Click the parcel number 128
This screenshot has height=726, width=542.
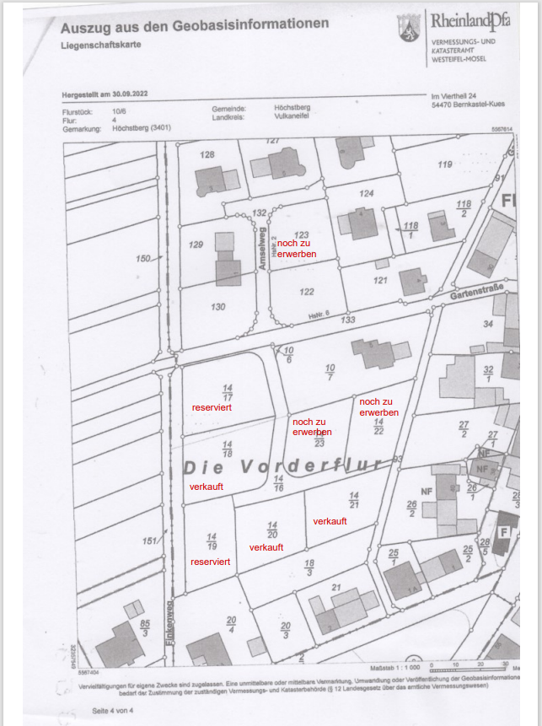tap(207, 154)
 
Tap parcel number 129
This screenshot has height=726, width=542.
tap(196, 245)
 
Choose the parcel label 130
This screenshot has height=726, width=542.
tap(218, 307)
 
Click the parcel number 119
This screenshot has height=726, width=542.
tap(445, 164)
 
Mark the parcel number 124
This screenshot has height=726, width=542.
tap(366, 194)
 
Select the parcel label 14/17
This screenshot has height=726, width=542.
tap(228, 392)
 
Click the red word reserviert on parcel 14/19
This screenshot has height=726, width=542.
tap(210, 561)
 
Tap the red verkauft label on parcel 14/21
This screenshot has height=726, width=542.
tap(330, 521)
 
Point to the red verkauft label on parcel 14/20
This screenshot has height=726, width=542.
tap(266, 547)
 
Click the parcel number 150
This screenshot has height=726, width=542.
tap(142, 258)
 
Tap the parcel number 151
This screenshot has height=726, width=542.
tap(150, 541)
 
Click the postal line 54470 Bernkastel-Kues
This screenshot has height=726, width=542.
tap(468, 104)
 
